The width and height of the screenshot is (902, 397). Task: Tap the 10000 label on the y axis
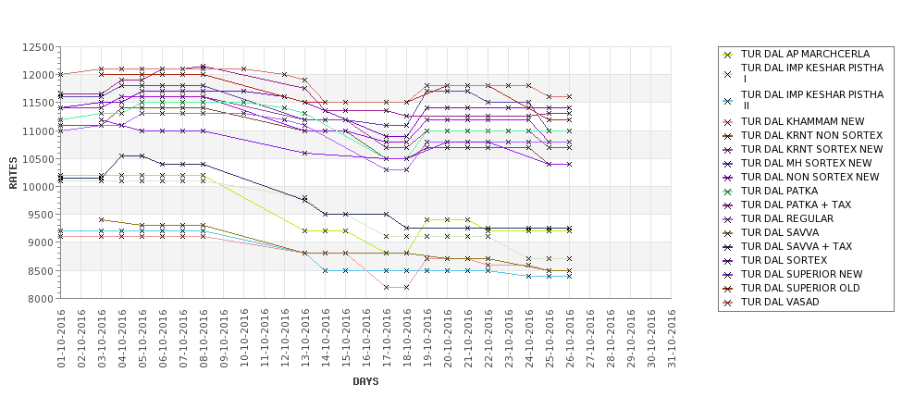coord(36,187)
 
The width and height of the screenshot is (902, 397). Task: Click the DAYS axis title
coord(365,381)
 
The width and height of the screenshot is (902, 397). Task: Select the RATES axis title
coord(13,173)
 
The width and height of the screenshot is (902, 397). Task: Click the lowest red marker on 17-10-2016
coord(387,288)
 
